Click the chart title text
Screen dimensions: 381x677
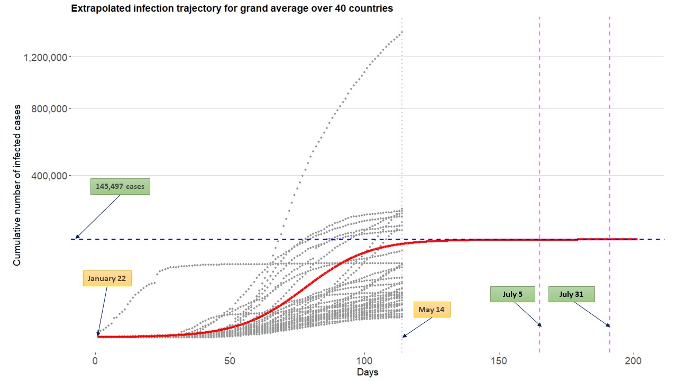[x=232, y=8]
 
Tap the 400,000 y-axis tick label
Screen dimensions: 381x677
[x=46, y=175]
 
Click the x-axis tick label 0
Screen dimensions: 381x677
[x=96, y=361]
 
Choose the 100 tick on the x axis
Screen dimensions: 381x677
[x=365, y=361]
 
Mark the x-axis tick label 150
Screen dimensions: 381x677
[x=499, y=361]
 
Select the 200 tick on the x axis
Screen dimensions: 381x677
[x=634, y=361]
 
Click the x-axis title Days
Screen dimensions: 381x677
[x=367, y=373]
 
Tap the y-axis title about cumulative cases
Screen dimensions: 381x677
[x=17, y=185]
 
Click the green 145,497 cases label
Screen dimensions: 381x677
[x=120, y=186]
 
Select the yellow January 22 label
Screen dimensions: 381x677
[x=107, y=278]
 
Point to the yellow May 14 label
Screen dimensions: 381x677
[x=432, y=310]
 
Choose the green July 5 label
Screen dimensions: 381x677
[x=513, y=294]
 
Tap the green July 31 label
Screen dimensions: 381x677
[x=571, y=294]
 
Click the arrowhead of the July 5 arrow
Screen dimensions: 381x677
[x=540, y=325]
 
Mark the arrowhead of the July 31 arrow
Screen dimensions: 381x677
[x=608, y=325]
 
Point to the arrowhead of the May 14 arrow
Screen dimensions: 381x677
[x=404, y=335]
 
